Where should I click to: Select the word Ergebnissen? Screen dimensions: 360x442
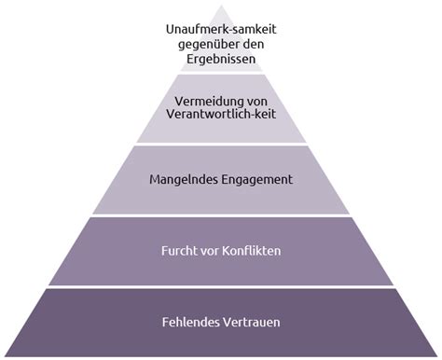click(x=222, y=61)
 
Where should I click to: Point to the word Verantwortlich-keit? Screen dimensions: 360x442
click(x=221, y=117)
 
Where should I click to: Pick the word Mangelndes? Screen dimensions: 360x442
click(x=182, y=177)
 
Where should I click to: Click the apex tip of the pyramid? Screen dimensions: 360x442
click(x=222, y=5)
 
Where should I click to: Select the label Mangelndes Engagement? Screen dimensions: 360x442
click(x=221, y=177)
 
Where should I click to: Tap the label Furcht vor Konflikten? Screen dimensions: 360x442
click(x=221, y=251)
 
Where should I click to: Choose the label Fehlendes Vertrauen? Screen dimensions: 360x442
click(x=221, y=323)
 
